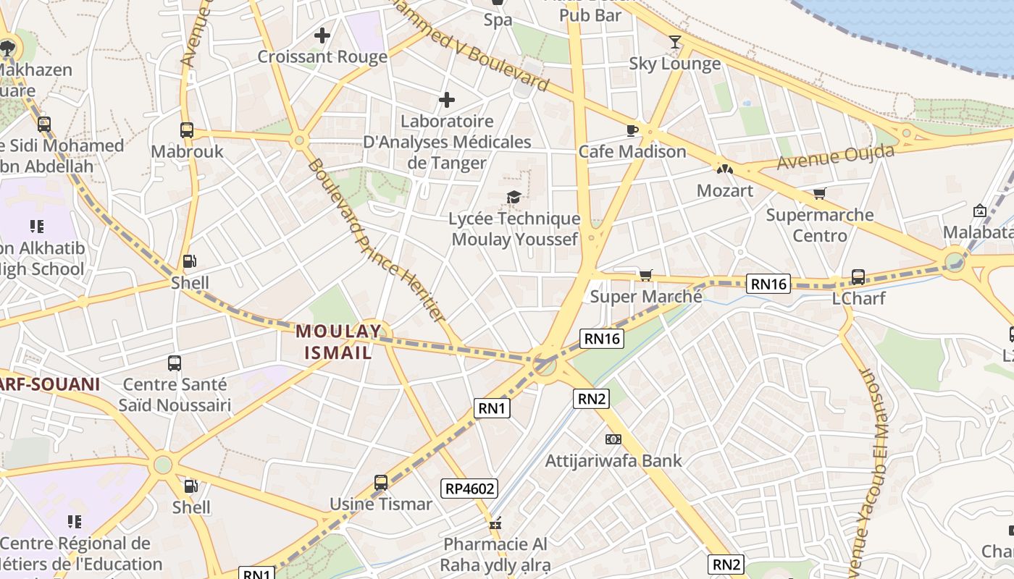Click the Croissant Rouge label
pyautogui.click(x=322, y=56)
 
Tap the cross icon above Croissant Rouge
pyautogui.click(x=322, y=35)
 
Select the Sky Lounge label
pyautogui.click(x=674, y=64)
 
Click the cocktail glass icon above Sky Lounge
pyautogui.click(x=675, y=42)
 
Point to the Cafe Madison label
pyautogui.click(x=632, y=151)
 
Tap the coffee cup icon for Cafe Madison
pyautogui.click(x=632, y=130)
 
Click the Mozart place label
pyautogui.click(x=725, y=190)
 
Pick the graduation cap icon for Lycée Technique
pyautogui.click(x=514, y=197)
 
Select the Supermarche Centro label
pyautogui.click(x=820, y=225)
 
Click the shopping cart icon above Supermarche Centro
pyautogui.click(x=819, y=193)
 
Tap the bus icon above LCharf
pyautogui.click(x=858, y=276)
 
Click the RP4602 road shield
pyautogui.click(x=470, y=489)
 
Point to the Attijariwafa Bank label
pyautogui.click(x=613, y=460)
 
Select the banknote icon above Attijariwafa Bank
pyautogui.click(x=613, y=439)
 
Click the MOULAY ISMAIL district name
pyautogui.click(x=338, y=342)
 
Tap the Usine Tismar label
pyautogui.click(x=381, y=504)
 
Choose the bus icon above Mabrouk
pyautogui.click(x=187, y=130)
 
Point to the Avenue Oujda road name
pyautogui.click(x=835, y=157)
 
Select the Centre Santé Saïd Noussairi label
pyautogui.click(x=175, y=394)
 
